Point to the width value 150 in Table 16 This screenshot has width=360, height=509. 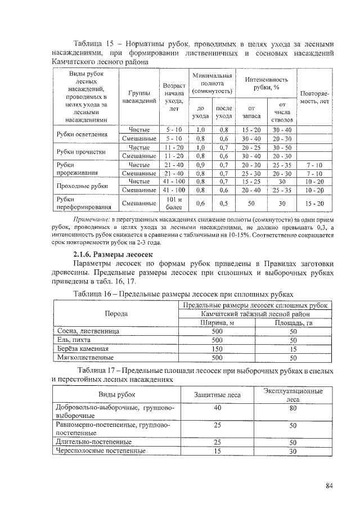click(x=217, y=348)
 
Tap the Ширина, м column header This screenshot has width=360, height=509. click(x=217, y=322)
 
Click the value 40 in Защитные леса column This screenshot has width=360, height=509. click(x=217, y=409)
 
